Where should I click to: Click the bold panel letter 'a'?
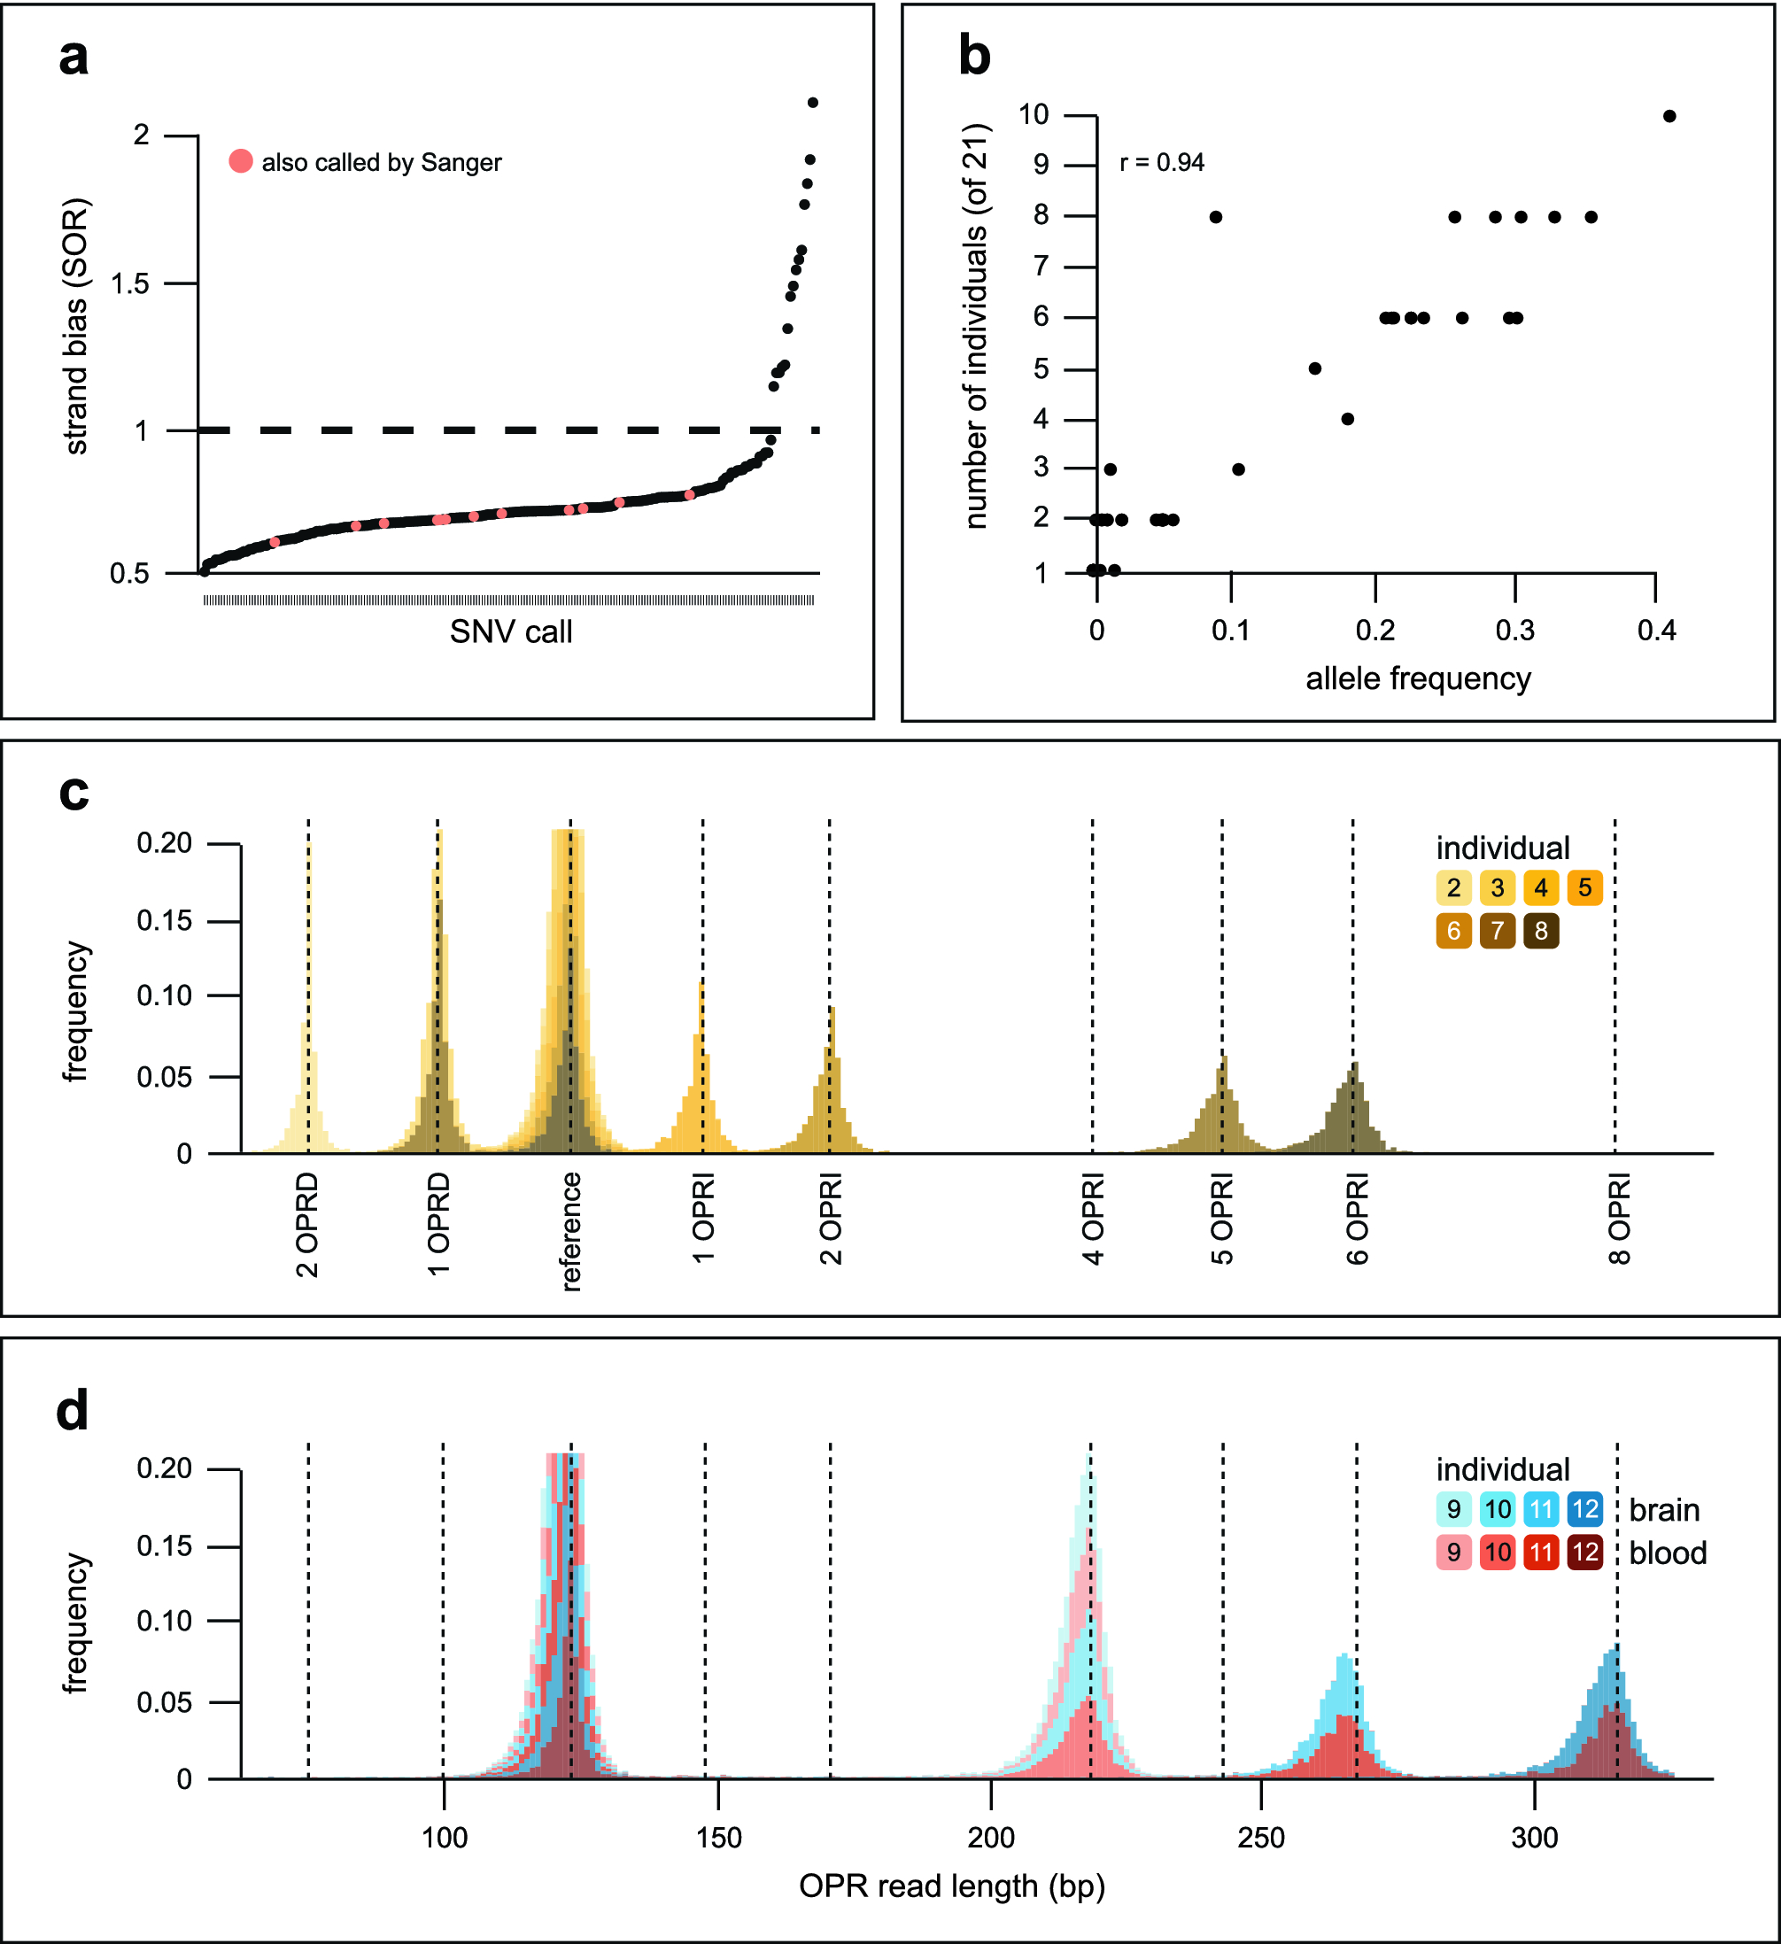[x=74, y=58]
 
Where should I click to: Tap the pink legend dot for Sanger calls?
[x=241, y=161]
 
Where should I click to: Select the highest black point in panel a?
[x=813, y=102]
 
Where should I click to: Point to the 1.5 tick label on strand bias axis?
[x=129, y=283]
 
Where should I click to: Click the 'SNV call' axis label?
[x=510, y=632]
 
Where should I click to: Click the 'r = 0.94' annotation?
[x=1161, y=163]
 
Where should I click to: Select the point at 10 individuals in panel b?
[x=1669, y=117]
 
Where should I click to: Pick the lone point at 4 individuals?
[x=1347, y=419]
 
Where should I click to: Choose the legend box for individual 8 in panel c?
[x=1541, y=932]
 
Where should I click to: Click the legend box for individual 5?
[x=1584, y=888]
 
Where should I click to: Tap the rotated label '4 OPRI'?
[x=1093, y=1218]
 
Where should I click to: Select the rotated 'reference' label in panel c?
[x=571, y=1230]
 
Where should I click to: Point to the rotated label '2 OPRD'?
[x=306, y=1225]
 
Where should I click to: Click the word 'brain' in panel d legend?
[x=1664, y=1510]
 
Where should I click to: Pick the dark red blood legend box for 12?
[x=1584, y=1553]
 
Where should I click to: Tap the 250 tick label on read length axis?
[x=1261, y=1838]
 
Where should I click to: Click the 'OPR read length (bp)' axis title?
[x=952, y=1886]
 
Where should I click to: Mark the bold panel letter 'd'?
[x=73, y=1412]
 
